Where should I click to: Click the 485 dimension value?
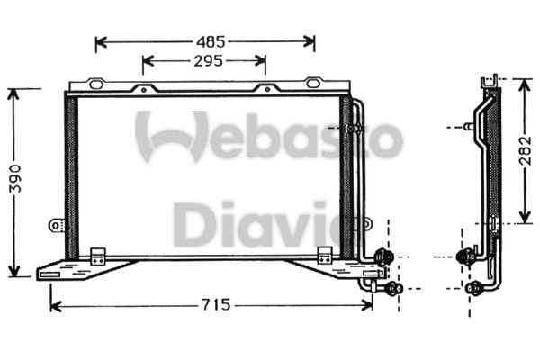(x=205, y=41)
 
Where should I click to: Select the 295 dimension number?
(x=205, y=61)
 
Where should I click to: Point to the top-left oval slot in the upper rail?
(x=96, y=84)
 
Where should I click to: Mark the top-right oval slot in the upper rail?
(x=312, y=84)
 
